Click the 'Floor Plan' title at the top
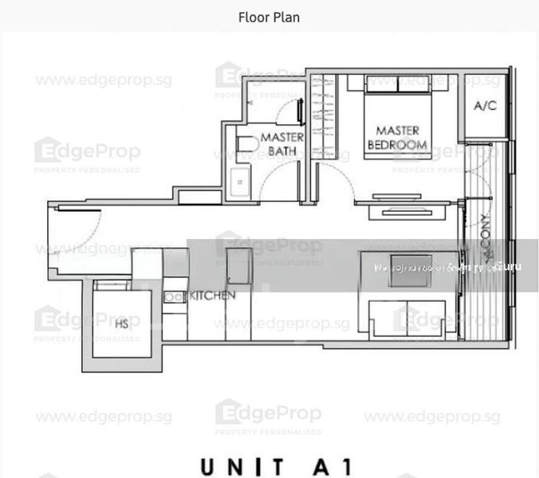pyautogui.click(x=269, y=17)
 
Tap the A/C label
pyautogui.click(x=486, y=105)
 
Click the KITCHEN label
pyautogui.click(x=212, y=296)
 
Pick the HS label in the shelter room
pyautogui.click(x=121, y=324)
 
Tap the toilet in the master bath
pyautogui.click(x=246, y=144)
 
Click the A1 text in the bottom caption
pyautogui.click(x=323, y=465)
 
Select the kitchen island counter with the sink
pyautogui.click(x=238, y=271)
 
